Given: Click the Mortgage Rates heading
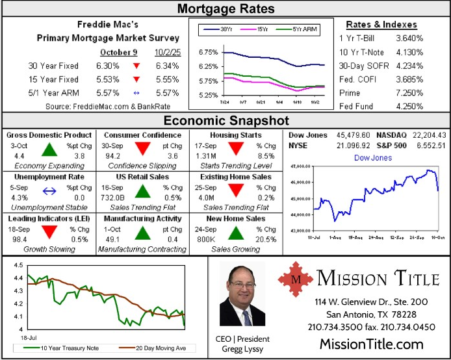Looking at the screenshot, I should click(225, 8).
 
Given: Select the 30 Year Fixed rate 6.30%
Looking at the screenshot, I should click(108, 66).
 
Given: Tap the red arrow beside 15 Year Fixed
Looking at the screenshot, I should click(136, 79).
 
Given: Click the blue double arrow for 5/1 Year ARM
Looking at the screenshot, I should click(136, 93).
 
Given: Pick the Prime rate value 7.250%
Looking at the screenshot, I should click(409, 93).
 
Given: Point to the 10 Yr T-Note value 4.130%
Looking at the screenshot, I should click(409, 53).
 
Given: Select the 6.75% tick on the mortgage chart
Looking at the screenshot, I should click(208, 52).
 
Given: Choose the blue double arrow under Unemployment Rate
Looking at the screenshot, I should click(49, 191).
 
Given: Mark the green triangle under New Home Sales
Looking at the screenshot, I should click(235, 233).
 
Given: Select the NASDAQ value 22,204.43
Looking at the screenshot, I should click(425, 135).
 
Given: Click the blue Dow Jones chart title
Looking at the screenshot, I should click(372, 158).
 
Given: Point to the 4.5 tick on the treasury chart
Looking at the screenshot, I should click(18, 265).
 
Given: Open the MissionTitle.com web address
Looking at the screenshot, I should click(371, 344).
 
